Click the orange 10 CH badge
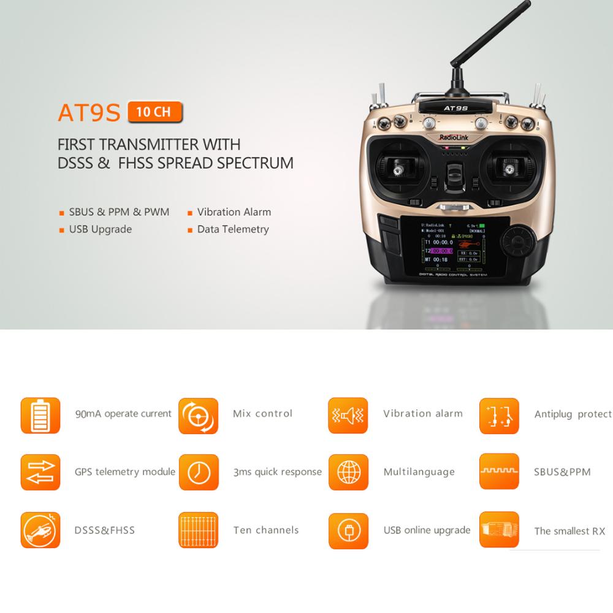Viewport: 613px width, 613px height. click(154, 113)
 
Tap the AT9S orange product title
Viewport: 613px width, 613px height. click(89, 113)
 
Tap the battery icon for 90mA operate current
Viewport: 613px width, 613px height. click(40, 415)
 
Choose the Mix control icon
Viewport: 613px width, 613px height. click(198, 415)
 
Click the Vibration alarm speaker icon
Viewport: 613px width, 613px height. click(348, 415)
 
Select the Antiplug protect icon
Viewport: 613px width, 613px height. click(498, 415)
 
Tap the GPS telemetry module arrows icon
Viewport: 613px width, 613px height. click(40, 472)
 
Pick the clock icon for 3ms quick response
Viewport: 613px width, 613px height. click(198, 472)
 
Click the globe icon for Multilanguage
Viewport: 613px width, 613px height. click(348, 472)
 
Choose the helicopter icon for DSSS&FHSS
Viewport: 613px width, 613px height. click(40, 530)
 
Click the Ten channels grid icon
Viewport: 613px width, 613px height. click(198, 530)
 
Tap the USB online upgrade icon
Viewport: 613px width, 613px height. click(348, 530)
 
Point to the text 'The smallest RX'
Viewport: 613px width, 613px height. click(569, 531)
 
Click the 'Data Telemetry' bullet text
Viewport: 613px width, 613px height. click(233, 229)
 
